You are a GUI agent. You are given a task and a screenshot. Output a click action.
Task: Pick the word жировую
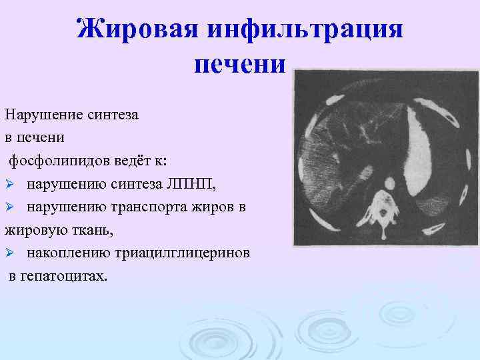pyautogui.click(x=32, y=231)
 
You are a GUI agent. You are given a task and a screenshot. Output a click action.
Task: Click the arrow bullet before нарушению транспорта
pyautogui.click(x=9, y=207)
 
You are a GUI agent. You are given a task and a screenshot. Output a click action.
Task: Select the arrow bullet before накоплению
pyautogui.click(x=9, y=254)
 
